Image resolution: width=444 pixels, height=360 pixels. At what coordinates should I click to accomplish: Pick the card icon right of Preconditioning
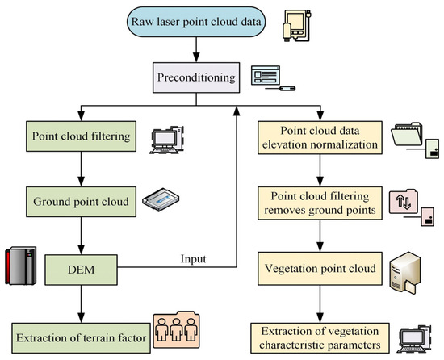(272, 81)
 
